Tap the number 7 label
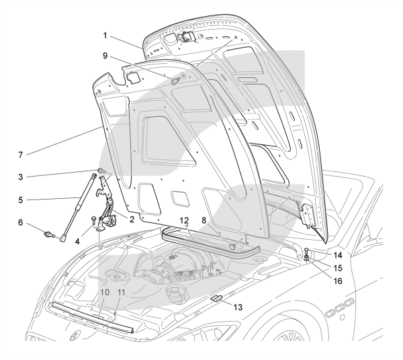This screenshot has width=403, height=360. pos(20,155)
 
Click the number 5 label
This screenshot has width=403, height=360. pos(20,199)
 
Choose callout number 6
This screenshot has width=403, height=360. pos(20,222)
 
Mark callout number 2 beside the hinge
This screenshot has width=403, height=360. pos(132,219)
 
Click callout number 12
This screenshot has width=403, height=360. pos(182,220)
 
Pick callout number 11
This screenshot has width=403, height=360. pos(122,292)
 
